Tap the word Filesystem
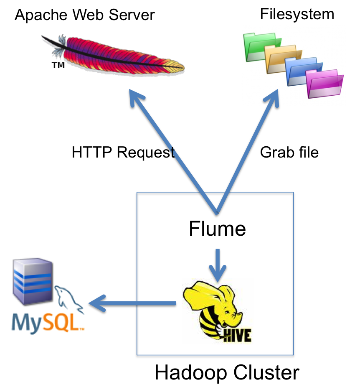pos(297,14)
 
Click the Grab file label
pos(289,153)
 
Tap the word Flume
pos(217,229)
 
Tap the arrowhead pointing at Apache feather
pos(136,99)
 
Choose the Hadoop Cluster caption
pos(227,372)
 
